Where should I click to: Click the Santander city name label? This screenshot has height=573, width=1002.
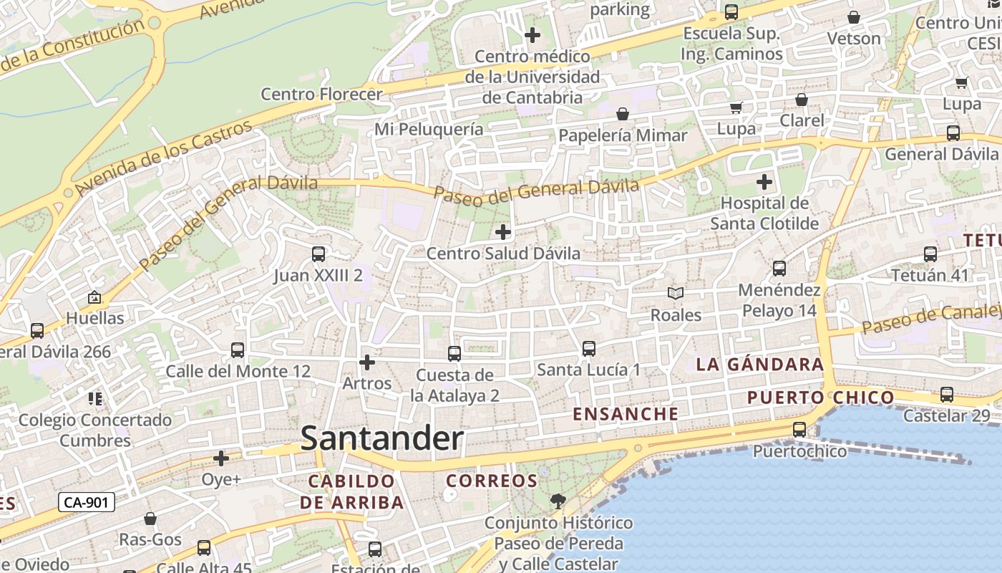[382, 438]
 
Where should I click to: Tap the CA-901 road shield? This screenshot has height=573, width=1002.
[86, 502]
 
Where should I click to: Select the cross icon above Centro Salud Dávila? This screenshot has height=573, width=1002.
[503, 231]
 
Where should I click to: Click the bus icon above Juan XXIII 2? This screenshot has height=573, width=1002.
[318, 254]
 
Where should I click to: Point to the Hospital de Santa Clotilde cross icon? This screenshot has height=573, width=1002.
[764, 181]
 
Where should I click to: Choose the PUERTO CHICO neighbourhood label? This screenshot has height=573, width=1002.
[820, 398]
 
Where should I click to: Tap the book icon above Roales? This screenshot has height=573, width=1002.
[676, 293]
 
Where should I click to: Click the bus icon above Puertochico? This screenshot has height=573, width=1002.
[799, 430]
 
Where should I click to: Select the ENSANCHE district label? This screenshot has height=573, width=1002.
[626, 414]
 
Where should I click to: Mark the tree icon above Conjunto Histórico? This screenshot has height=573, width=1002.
[558, 501]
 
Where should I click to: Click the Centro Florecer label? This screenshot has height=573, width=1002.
[321, 94]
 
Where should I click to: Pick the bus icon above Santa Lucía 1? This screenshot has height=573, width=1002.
[588, 349]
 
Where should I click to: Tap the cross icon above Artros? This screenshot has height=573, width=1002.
[367, 362]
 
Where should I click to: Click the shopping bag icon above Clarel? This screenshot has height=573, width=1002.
[802, 100]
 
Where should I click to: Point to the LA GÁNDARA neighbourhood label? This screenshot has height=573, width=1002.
[760, 365]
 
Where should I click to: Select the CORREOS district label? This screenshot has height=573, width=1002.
[491, 481]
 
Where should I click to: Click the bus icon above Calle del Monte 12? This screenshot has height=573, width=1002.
[238, 350]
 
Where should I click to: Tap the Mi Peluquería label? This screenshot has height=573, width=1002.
[429, 129]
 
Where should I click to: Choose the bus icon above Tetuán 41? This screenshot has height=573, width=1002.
[930, 254]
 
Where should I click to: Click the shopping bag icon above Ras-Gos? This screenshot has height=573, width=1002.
[150, 518]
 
